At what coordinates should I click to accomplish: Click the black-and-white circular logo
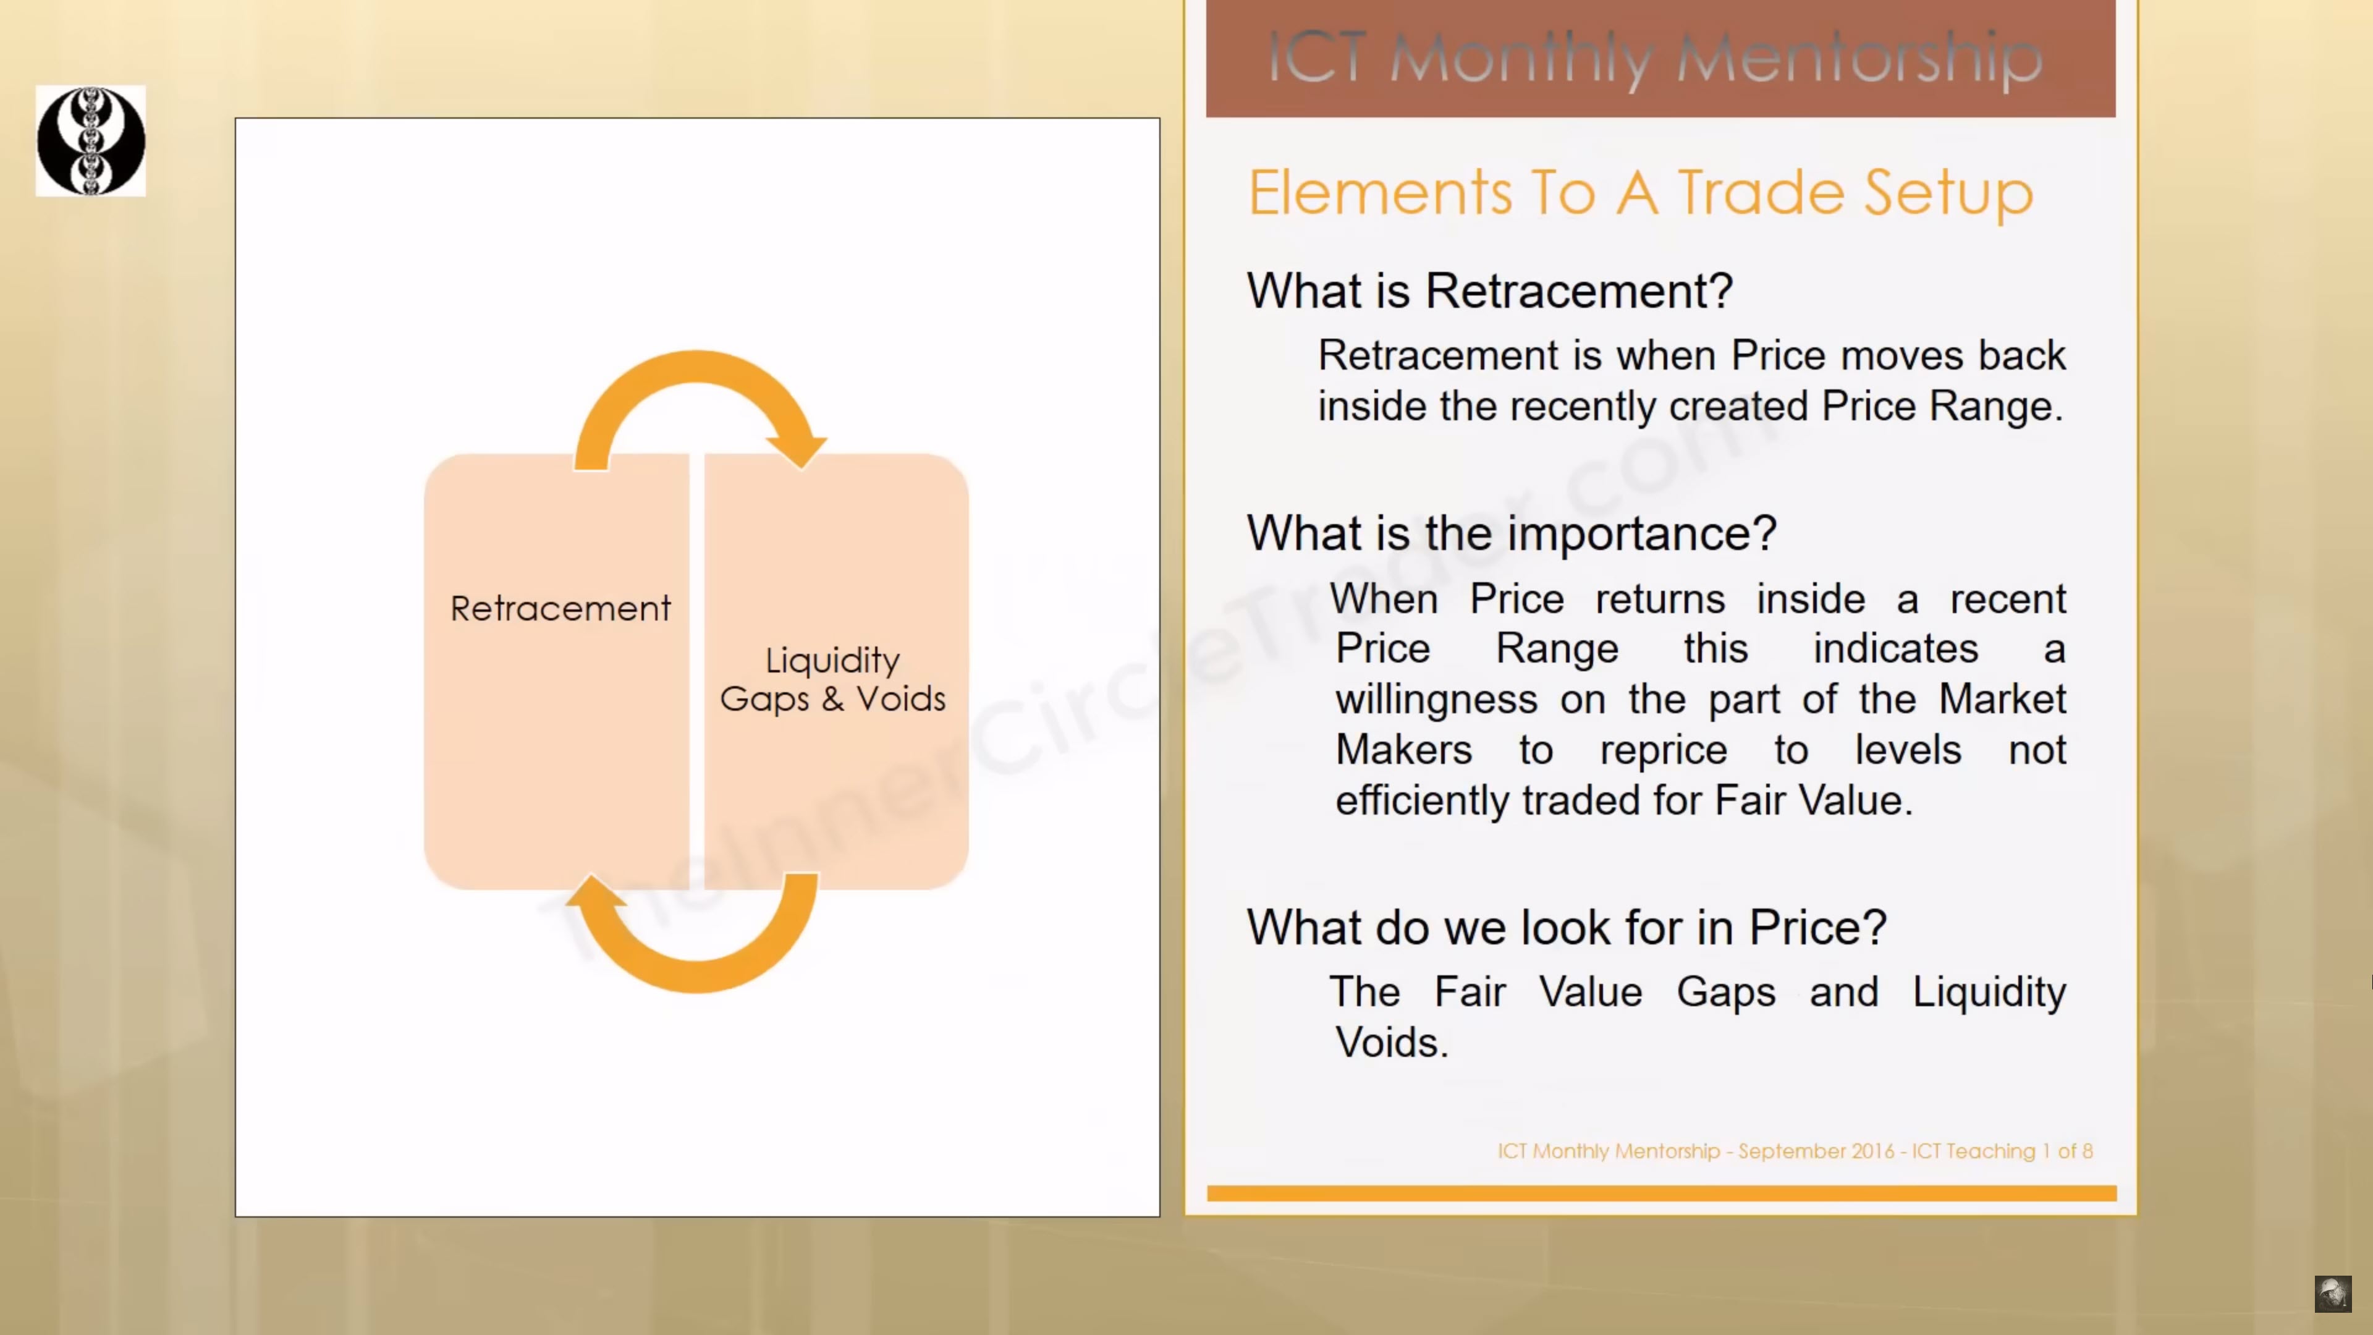point(90,141)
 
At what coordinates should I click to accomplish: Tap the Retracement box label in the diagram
point(560,609)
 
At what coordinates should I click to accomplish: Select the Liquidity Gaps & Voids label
point(833,679)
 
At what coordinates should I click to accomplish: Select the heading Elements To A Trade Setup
point(1639,193)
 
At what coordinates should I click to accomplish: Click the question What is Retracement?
point(1489,291)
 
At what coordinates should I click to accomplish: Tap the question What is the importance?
point(1512,533)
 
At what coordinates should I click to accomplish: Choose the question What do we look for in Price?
point(1566,928)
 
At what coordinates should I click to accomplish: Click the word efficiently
point(1423,800)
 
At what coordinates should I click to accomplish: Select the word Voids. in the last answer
point(1392,1043)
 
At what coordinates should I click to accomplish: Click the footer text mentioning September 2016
point(1795,1151)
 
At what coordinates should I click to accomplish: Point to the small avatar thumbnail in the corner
point(2332,1294)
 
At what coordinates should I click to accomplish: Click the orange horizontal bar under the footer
point(1661,1193)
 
